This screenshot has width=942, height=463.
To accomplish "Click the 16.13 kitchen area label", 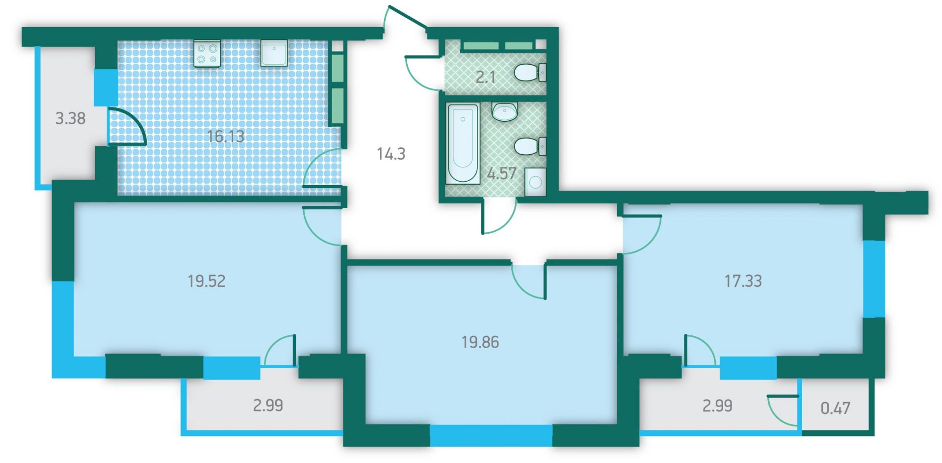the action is click(226, 136).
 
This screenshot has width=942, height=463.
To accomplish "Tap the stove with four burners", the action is click(207, 54).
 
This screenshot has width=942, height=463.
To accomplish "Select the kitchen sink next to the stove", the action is click(274, 54).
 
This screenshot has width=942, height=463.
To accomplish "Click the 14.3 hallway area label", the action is click(391, 154).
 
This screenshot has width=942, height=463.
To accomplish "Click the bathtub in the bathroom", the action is click(463, 143).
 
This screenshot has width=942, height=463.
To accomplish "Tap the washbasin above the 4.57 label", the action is click(504, 111).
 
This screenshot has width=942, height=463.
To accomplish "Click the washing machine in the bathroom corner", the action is click(535, 182).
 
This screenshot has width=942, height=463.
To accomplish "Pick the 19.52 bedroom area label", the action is click(207, 281).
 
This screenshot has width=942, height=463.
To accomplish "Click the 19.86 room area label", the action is click(480, 342).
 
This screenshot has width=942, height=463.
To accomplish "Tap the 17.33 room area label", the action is click(743, 281).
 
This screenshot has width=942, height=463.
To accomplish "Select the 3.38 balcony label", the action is click(70, 118).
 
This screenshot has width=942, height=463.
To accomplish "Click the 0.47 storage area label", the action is click(836, 408).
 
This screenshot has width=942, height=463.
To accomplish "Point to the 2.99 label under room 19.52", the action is click(268, 406).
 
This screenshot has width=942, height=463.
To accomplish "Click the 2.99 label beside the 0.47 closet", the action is click(717, 406).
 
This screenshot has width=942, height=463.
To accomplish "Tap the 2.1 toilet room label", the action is click(485, 77).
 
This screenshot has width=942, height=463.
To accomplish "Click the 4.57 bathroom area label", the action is click(501, 173).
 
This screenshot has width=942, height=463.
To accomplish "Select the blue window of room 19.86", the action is click(491, 436).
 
